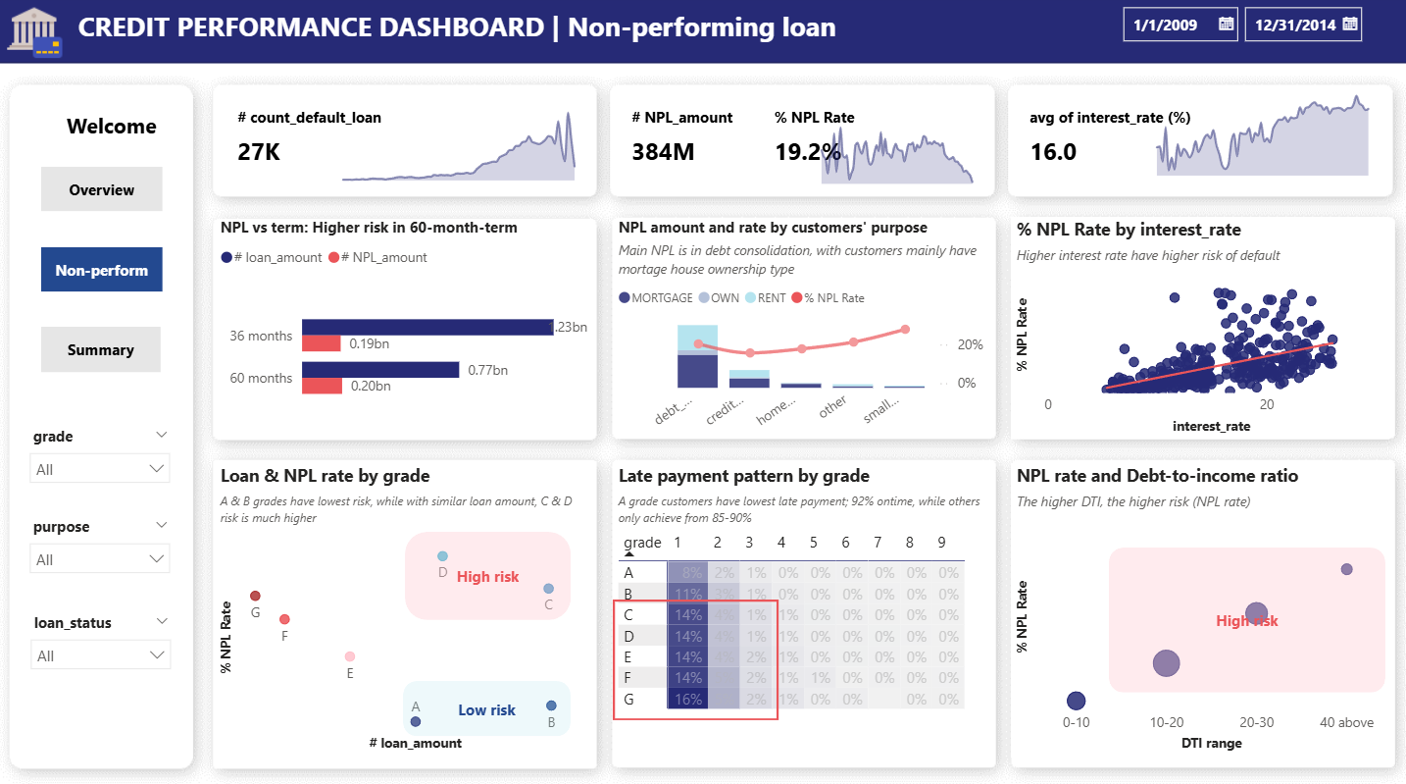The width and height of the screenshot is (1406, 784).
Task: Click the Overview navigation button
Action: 101,189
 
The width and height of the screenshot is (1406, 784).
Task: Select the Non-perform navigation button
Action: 101,270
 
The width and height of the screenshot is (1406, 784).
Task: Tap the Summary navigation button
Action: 101,349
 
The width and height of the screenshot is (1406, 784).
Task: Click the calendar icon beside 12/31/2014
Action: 1350,25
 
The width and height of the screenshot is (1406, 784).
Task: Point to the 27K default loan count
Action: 259,152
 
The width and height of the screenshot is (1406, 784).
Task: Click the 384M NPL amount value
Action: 663,152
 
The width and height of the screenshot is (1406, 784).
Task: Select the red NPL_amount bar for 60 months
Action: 322,386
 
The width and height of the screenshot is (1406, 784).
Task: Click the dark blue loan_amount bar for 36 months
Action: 427,327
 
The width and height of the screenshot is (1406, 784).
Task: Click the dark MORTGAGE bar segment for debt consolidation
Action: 697,371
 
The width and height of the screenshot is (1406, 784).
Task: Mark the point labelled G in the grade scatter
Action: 255,596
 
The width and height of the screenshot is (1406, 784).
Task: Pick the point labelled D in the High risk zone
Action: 442,556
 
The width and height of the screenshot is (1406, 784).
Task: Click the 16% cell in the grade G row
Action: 686,700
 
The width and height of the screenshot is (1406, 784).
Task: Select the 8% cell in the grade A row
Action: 686,572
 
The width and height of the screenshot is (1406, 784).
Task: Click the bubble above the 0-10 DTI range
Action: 1076,701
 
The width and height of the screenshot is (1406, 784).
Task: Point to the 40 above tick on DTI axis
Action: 1346,722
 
